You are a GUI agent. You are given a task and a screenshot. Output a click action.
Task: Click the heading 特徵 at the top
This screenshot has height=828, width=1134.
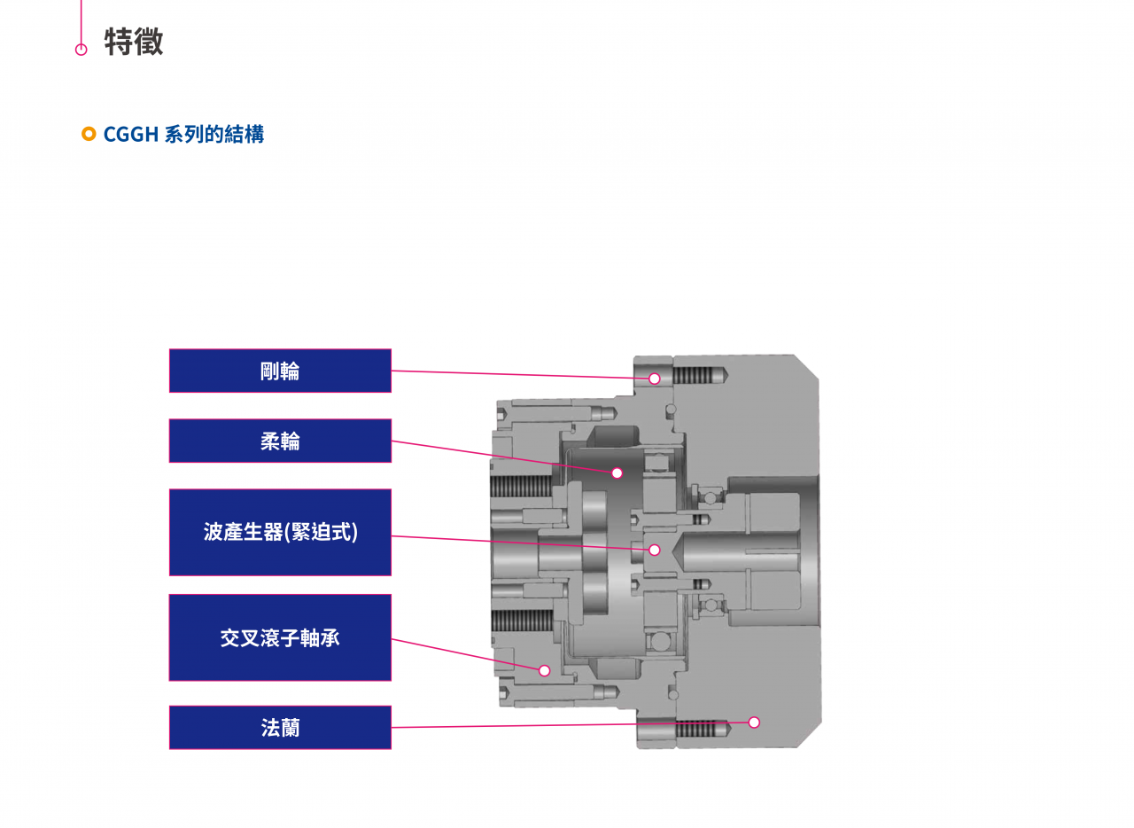pos(134,42)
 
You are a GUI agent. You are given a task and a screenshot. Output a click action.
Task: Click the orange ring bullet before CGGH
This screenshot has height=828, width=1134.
pos(89,134)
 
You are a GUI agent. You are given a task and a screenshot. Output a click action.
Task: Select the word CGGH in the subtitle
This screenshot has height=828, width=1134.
pos(131,135)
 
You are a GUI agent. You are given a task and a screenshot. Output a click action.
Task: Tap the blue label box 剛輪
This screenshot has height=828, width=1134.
pos(280,371)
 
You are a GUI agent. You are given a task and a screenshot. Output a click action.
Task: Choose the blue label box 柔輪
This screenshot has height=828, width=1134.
pos(280,441)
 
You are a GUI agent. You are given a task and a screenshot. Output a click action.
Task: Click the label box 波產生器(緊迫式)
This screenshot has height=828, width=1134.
pos(280,532)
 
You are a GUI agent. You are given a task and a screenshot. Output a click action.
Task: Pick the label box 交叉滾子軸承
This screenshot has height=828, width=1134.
pos(280,637)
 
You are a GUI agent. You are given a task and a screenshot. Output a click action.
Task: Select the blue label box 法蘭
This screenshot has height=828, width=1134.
pos(280,727)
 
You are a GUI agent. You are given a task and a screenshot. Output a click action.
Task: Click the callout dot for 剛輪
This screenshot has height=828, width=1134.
pos(654,379)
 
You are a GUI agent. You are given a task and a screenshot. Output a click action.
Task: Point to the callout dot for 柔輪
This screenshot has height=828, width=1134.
pos(617,473)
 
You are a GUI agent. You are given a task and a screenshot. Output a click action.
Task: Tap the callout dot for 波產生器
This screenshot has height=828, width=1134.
pos(654,550)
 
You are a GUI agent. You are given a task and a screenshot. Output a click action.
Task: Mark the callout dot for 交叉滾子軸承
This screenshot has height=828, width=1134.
pos(544,670)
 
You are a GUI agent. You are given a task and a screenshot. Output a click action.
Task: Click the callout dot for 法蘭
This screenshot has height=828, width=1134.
pos(754,722)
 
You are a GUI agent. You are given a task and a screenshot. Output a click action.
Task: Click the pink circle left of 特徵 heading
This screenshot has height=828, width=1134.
pos(82,50)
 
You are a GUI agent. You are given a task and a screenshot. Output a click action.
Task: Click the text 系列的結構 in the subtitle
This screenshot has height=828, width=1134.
pos(214,135)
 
